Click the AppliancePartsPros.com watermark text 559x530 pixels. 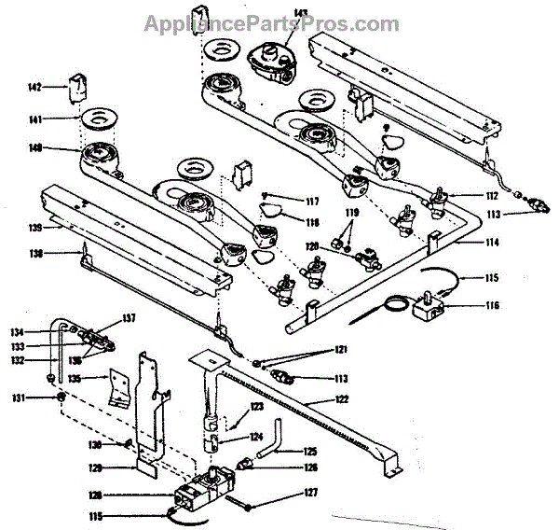[271, 24]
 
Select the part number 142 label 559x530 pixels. [34, 88]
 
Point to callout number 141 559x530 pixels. [34, 119]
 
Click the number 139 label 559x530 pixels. [34, 227]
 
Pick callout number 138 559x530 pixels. [34, 252]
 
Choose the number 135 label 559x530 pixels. [75, 379]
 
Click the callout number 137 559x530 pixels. [129, 317]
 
